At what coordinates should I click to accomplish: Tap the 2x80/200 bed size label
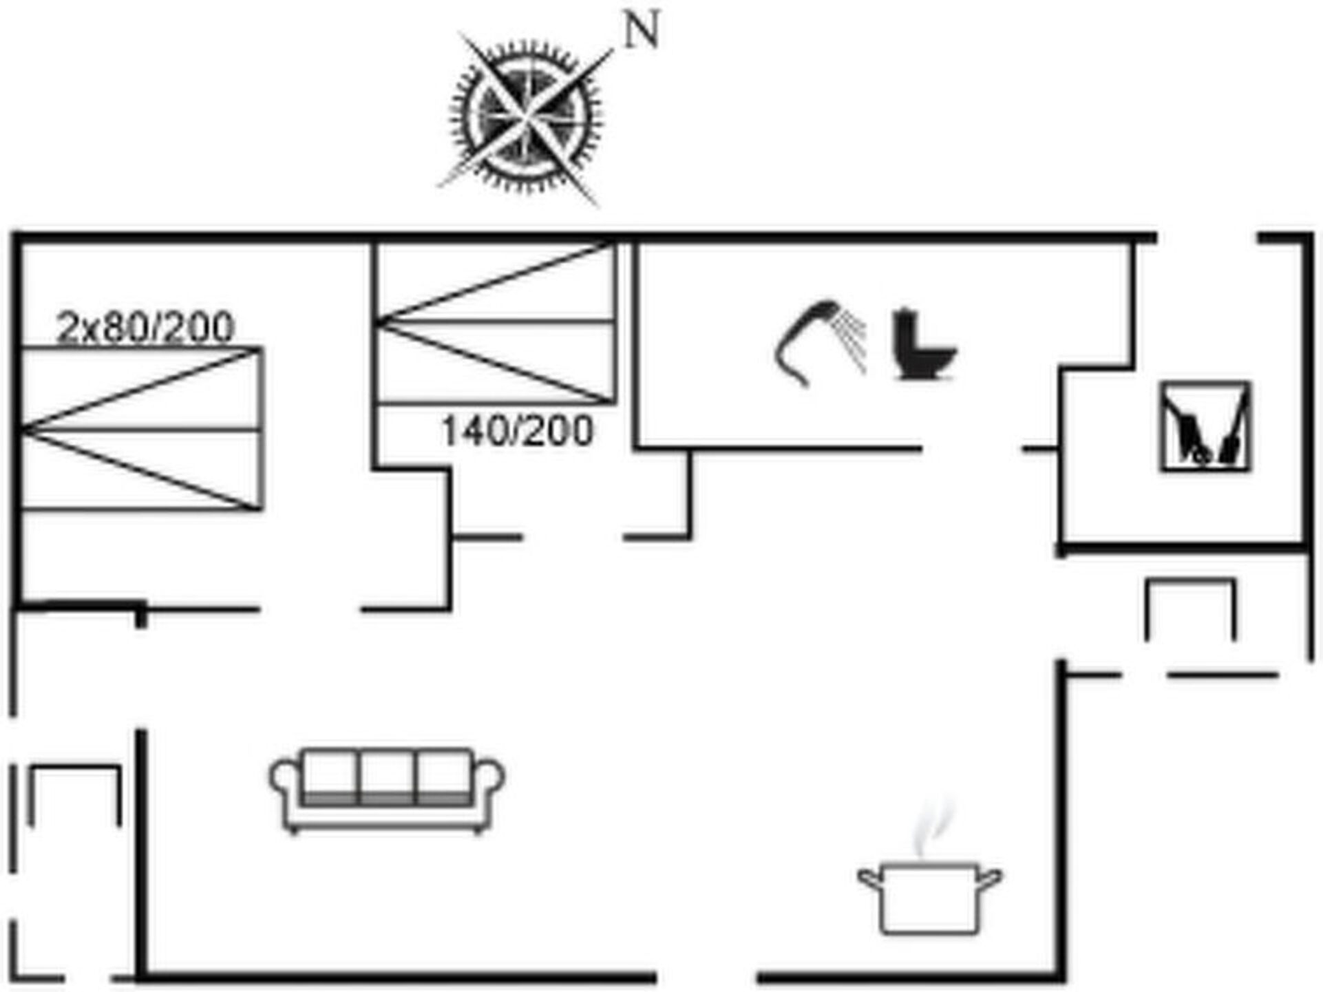point(145,327)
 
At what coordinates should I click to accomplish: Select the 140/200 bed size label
point(516,431)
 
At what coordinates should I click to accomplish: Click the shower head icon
point(820,342)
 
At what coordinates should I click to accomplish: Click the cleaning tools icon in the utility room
point(1205,427)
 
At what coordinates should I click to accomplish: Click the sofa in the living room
point(387,790)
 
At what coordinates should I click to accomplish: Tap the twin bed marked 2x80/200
point(141,429)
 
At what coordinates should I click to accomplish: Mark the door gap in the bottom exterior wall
point(707,977)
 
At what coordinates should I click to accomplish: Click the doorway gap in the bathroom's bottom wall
point(972,449)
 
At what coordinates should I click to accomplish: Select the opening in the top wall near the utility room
point(1207,238)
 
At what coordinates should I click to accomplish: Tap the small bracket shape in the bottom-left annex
point(74,794)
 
